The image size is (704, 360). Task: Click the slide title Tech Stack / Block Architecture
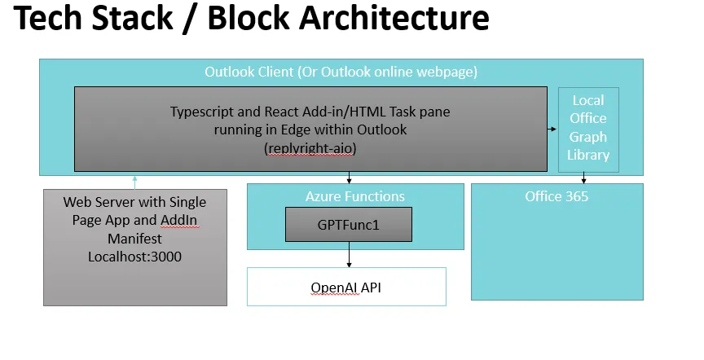coord(252,20)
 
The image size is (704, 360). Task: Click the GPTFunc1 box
coord(349,225)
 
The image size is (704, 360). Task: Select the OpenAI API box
coord(346,288)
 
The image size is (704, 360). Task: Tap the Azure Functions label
coord(354,196)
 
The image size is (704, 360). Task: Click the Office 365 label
coord(557,196)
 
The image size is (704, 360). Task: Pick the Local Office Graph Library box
coord(587,129)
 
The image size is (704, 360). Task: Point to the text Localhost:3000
coord(134,257)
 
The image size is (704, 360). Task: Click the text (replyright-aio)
coord(310,149)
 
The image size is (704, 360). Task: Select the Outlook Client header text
coord(341,72)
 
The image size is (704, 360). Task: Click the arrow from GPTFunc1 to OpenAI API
coord(349,255)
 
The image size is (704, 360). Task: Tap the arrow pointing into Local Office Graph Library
coord(552,129)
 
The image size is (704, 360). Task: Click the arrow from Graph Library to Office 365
coord(583,178)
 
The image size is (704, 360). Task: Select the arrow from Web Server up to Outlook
coord(134,182)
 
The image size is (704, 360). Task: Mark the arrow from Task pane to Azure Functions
coord(349,178)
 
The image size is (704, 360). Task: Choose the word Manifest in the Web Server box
coord(134,239)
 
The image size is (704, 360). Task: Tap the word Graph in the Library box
coord(587,137)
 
